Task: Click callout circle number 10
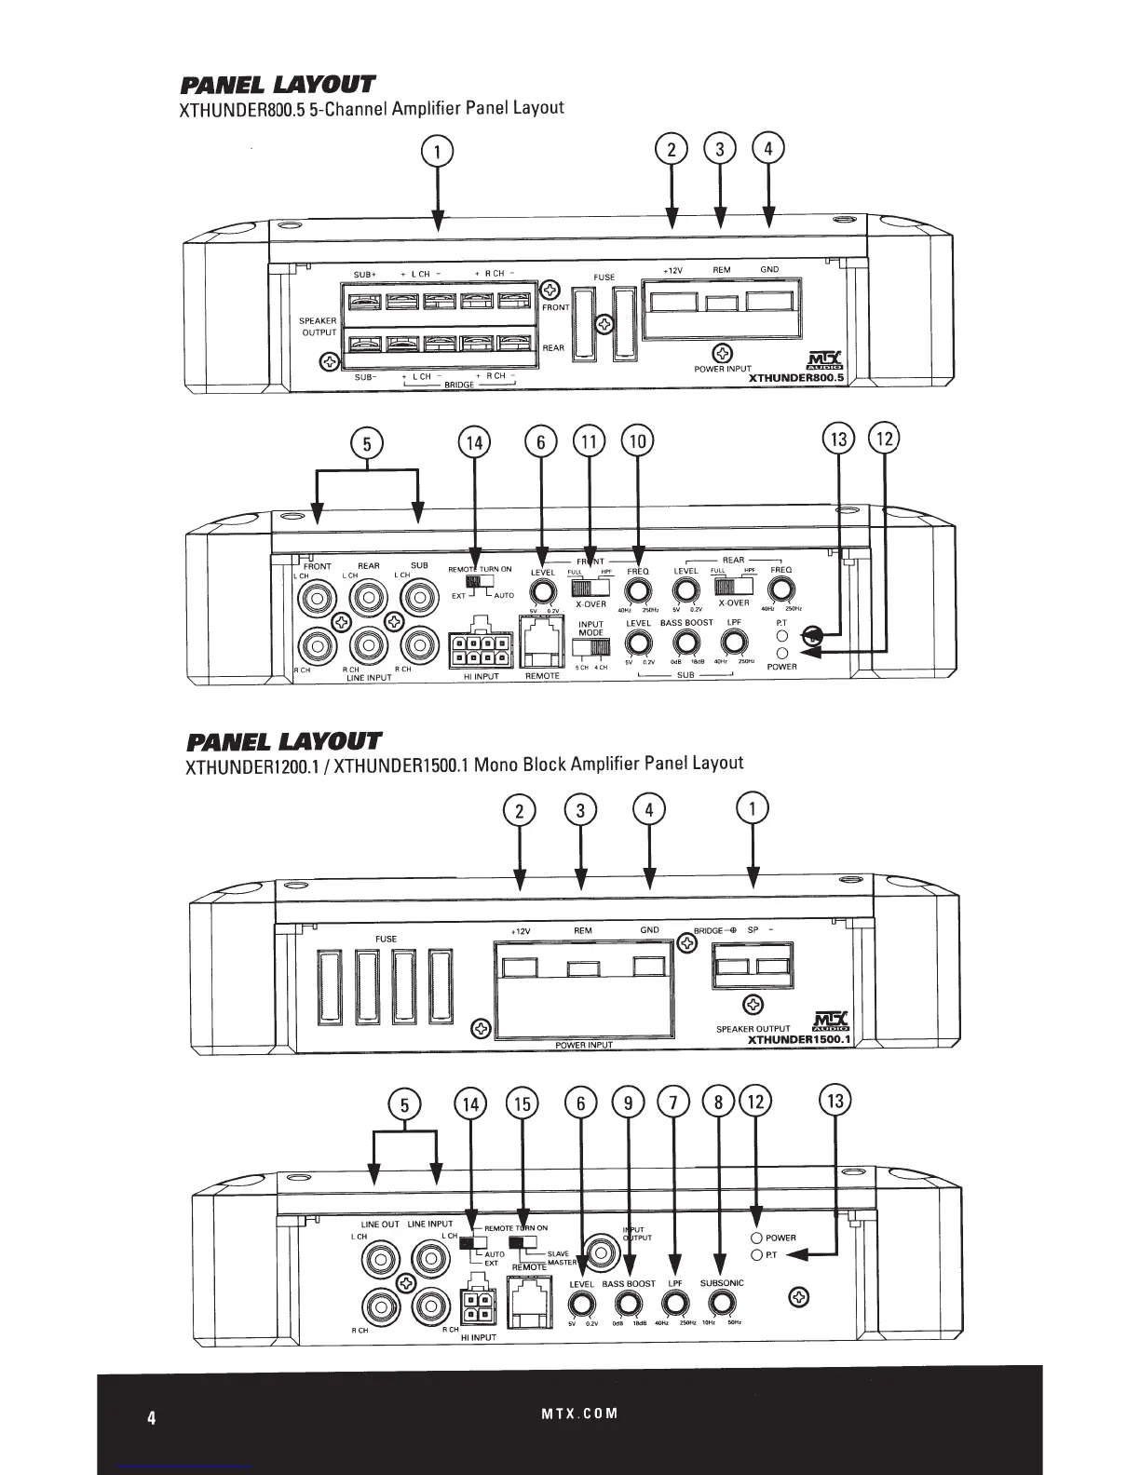[638, 442]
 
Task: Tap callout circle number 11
[589, 442]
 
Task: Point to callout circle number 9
[629, 1104]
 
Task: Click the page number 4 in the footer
[151, 1418]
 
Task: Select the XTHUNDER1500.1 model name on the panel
[799, 1039]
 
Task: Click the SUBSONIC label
[722, 1283]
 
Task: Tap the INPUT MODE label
[591, 629]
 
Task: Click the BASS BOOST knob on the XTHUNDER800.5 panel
[686, 642]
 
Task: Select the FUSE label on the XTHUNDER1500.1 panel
[386, 939]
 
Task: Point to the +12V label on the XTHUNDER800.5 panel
[673, 270]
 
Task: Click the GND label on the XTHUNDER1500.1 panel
[649, 930]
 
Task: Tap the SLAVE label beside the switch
[558, 1253]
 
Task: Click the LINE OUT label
[380, 1225]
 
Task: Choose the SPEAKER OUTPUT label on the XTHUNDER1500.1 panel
[753, 1029]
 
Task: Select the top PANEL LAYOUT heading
[277, 86]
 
